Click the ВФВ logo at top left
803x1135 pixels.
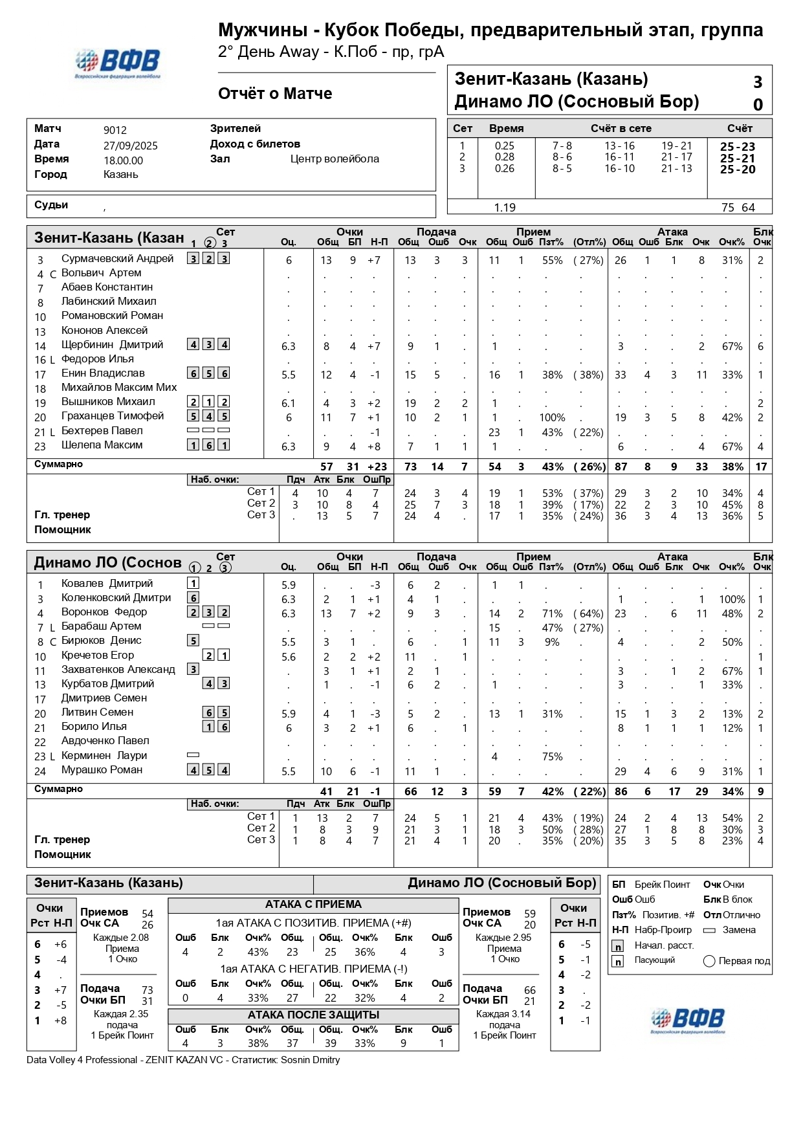[x=118, y=63]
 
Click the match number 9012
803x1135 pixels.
[x=115, y=130]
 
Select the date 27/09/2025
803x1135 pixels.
[x=130, y=146]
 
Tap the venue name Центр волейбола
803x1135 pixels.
[x=335, y=159]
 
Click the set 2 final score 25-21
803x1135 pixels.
[x=738, y=158]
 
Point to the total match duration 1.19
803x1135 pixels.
[x=505, y=208]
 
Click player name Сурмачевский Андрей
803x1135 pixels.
[x=117, y=259]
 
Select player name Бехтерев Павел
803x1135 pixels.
[x=102, y=431]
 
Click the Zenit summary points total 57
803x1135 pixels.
[x=326, y=467]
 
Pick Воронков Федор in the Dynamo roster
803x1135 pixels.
[x=104, y=612]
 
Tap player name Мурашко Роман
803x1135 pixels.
[x=102, y=770]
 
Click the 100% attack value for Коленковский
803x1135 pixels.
[x=732, y=600]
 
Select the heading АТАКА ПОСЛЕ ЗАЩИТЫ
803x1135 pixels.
[x=313, y=1015]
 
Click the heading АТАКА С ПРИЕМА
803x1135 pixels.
[x=313, y=905]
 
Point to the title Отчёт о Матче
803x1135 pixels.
[x=275, y=94]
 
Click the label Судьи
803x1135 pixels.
[x=51, y=205]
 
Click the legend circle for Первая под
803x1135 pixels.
[x=709, y=961]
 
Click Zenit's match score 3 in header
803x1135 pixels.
[x=758, y=82]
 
